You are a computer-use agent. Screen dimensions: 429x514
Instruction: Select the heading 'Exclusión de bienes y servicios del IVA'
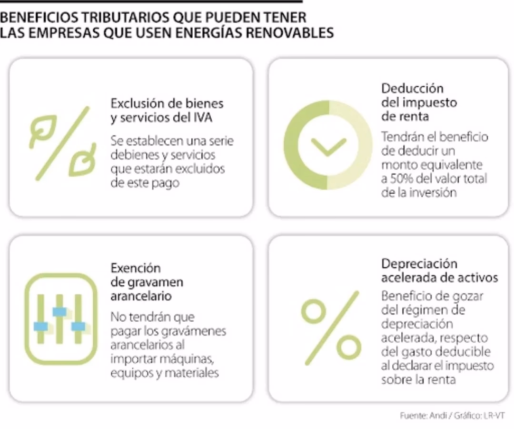coord(167,111)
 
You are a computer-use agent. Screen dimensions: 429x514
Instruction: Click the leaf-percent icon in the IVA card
coord(62,143)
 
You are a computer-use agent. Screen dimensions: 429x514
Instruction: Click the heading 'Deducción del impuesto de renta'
coord(412,102)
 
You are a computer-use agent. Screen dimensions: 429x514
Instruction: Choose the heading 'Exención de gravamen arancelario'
coord(147,282)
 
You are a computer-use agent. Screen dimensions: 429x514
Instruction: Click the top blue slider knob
coord(59,312)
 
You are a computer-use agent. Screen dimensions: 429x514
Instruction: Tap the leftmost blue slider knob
coord(41,327)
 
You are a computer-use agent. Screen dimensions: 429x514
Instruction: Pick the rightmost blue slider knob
coord(78,327)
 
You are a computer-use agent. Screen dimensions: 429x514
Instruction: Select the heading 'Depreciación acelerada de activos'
coord(439,271)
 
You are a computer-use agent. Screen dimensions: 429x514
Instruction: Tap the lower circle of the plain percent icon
coord(349,348)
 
